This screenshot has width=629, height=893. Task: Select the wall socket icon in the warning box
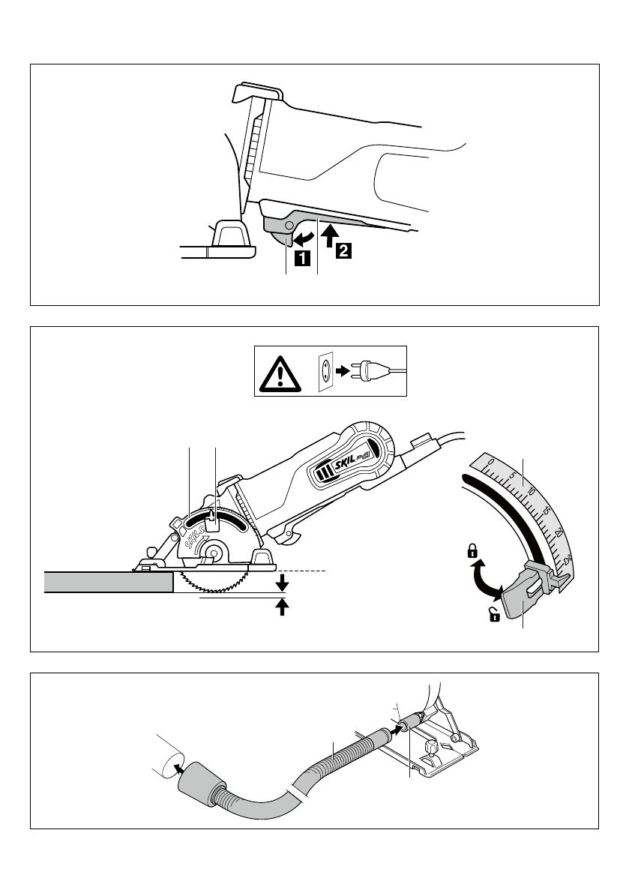[326, 370]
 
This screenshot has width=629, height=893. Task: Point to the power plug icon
[372, 370]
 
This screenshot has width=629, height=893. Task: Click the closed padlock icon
[472, 553]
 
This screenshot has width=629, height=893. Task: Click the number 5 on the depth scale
[510, 476]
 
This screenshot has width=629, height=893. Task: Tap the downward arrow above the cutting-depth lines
[282, 582]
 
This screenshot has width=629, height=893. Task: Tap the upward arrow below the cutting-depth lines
[282, 606]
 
